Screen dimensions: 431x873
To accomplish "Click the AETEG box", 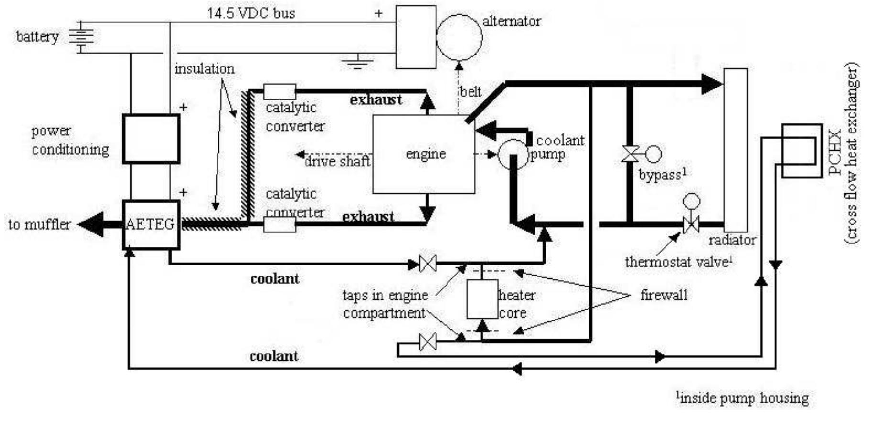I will pos(151,224).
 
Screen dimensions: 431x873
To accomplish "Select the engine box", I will pos(424,154).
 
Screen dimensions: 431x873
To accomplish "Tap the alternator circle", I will pos(459,37).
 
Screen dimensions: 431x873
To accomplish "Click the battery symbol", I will pos(81,36).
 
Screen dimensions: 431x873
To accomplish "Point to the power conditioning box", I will pos(151,139).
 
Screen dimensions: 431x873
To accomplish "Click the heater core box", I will pos(482,299).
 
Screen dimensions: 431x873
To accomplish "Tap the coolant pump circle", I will pos(513,154).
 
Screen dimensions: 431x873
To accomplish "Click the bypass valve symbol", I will pos(630,154).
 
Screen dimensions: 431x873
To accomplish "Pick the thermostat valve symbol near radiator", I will pos(691,224).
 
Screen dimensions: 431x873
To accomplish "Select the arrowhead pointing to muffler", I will pos(91,224).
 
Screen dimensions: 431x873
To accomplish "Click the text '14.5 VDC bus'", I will pos(251,13).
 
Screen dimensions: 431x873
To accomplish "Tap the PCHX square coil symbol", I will pos(801,151).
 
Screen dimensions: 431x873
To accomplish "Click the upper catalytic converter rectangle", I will pos(280,91).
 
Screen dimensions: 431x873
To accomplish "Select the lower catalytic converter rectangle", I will pos(280,224).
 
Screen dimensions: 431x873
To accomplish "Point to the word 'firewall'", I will pos(664,295).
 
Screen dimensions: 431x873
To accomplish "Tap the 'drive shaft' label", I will pos(337,161).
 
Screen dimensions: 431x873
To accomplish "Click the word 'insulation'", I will pos(205,69).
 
